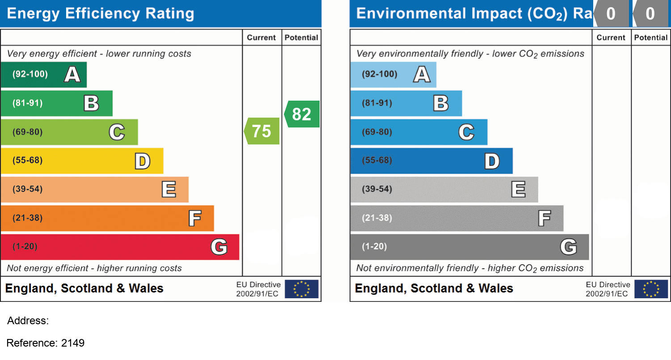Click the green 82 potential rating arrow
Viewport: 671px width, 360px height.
pos(302,114)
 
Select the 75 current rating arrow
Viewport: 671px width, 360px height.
pos(262,131)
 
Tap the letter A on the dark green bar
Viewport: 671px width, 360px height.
pos(72,74)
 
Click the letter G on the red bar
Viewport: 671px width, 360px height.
pos(219,246)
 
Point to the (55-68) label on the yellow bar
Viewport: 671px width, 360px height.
pos(28,160)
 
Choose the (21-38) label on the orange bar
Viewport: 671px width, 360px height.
pos(28,218)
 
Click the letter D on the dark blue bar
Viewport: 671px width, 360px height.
pos(492,161)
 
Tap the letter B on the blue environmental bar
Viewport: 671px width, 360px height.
pos(441,103)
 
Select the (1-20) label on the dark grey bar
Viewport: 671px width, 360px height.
pos(375,246)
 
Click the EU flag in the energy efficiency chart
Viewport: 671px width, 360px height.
pos(302,289)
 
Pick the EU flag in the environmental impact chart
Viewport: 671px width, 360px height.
pos(651,289)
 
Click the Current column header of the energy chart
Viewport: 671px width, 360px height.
pos(262,38)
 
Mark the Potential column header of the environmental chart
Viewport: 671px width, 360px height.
pos(650,38)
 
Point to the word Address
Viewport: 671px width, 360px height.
pos(28,321)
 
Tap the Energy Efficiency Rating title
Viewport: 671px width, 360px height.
pos(101,13)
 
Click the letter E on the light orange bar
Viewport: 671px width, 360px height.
pos(169,190)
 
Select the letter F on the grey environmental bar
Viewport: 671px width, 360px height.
pos(544,218)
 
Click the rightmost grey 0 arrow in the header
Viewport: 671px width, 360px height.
pos(650,14)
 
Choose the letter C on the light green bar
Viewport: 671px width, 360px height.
pos(117,132)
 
